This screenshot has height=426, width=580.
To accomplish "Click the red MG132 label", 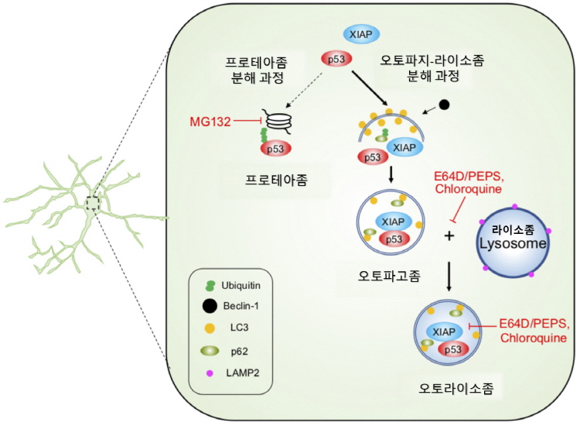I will click(210, 122).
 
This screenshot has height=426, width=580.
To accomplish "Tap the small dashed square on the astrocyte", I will click(94, 203).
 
